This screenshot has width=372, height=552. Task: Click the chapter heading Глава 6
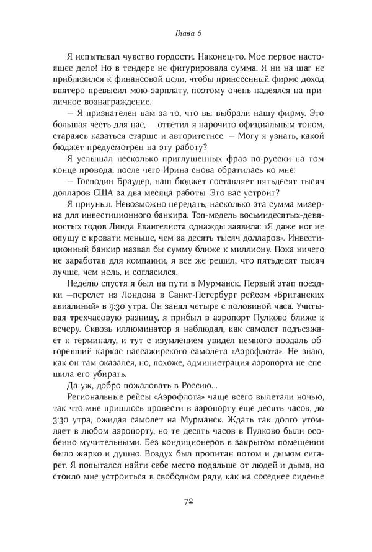point(186,33)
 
